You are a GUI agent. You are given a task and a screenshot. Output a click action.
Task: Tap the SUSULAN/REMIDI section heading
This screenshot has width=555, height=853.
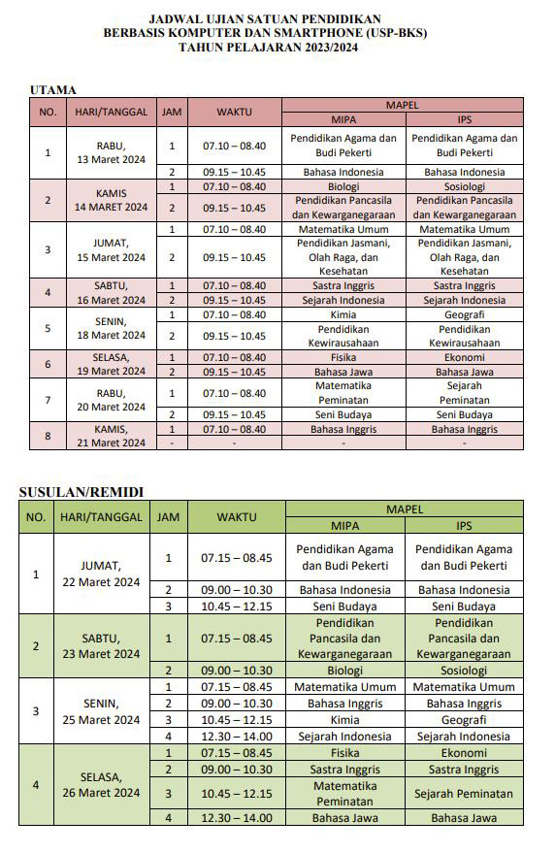[76, 492]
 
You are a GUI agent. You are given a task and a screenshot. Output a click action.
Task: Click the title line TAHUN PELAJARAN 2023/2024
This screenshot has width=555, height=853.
[277, 47]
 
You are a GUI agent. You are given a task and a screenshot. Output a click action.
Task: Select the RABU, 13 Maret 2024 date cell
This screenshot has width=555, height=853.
[110, 152]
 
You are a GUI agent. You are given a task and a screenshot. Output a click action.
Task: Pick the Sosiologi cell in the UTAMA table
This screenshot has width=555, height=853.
[464, 186]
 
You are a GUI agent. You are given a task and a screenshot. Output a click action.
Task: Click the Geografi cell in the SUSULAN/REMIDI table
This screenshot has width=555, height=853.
[464, 720]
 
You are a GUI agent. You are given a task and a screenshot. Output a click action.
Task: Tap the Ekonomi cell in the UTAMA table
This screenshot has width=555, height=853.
[464, 357]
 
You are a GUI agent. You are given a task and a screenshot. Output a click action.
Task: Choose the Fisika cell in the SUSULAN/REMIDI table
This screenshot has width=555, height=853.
[345, 752]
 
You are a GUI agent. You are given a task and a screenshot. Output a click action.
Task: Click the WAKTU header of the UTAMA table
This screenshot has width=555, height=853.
[234, 112]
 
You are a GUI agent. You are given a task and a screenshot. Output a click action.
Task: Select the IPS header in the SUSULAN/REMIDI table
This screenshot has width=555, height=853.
[464, 525]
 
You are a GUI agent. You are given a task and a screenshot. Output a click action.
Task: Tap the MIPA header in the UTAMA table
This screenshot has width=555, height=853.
[343, 119]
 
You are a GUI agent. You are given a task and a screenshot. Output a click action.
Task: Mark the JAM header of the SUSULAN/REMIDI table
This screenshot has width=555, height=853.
[167, 517]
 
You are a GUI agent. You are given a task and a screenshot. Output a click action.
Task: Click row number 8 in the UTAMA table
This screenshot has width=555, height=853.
[47, 436]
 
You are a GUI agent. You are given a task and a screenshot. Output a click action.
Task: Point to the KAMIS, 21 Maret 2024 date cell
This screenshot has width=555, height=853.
[110, 436]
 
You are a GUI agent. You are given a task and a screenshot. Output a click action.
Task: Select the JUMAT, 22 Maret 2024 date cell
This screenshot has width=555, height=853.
[102, 574]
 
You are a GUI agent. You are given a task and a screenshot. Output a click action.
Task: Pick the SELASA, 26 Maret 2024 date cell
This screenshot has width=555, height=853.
[102, 785]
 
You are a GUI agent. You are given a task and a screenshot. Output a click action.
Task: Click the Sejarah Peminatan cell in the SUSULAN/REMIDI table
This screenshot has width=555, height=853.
[464, 794]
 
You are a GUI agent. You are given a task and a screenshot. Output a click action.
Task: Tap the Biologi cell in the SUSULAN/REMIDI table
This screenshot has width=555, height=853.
[345, 670]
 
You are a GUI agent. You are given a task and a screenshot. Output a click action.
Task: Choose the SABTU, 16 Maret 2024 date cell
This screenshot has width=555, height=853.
[110, 293]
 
